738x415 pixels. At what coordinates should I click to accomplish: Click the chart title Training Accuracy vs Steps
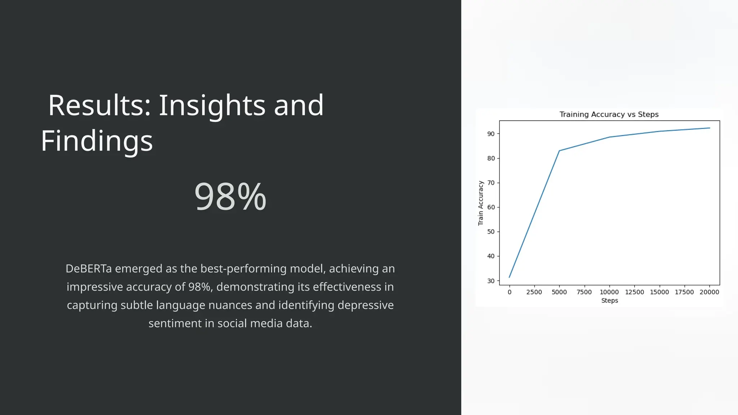click(x=609, y=115)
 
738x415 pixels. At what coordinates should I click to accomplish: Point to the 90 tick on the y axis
click(x=491, y=134)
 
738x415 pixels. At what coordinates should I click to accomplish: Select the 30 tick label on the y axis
click(x=491, y=281)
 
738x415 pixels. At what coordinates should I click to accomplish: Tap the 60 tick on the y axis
click(x=491, y=207)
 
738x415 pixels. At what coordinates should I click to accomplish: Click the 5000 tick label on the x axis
click(x=559, y=292)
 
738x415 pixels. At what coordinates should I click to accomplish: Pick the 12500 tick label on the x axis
click(x=634, y=292)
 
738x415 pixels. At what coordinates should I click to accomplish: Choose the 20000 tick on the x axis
click(x=709, y=292)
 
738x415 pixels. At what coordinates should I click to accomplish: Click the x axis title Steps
click(x=609, y=301)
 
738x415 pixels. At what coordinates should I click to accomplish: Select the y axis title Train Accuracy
click(x=480, y=203)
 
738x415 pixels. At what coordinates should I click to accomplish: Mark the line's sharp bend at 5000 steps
click(x=559, y=151)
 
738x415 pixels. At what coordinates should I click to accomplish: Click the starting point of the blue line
click(x=509, y=277)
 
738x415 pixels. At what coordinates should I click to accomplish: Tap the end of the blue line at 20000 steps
click(x=710, y=128)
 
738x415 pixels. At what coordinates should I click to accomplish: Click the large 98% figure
click(x=230, y=197)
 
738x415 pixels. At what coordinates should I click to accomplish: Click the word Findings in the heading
click(x=97, y=141)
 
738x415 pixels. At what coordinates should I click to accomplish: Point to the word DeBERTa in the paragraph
click(x=89, y=269)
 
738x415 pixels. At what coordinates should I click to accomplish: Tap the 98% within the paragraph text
click(x=199, y=287)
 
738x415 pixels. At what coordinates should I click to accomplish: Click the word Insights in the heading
click(x=212, y=105)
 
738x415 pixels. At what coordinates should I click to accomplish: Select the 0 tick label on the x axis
click(x=509, y=292)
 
